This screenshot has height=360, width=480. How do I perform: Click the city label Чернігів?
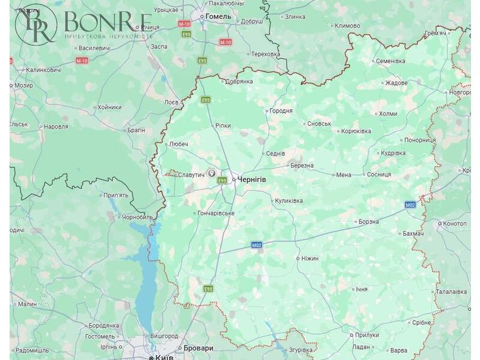(x=252, y=179)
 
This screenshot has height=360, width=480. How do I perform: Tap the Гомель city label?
(x=218, y=16)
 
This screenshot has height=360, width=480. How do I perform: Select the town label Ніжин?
(x=310, y=258)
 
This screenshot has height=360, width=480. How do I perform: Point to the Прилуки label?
(x=367, y=335)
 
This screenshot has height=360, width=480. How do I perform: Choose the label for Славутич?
(x=191, y=174)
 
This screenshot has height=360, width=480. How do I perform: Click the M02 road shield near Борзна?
(x=410, y=205)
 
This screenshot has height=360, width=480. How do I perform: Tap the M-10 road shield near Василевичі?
(x=82, y=61)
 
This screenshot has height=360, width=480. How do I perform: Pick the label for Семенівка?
(x=390, y=61)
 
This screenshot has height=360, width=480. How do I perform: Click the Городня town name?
(x=281, y=110)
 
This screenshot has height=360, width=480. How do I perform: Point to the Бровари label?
(x=199, y=348)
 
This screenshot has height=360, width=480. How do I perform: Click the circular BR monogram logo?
(x=36, y=24)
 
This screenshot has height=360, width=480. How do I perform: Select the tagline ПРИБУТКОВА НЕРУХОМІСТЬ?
(x=109, y=37)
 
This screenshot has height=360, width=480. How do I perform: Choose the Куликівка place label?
(x=289, y=200)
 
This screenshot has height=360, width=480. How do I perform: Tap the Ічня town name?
(x=361, y=289)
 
